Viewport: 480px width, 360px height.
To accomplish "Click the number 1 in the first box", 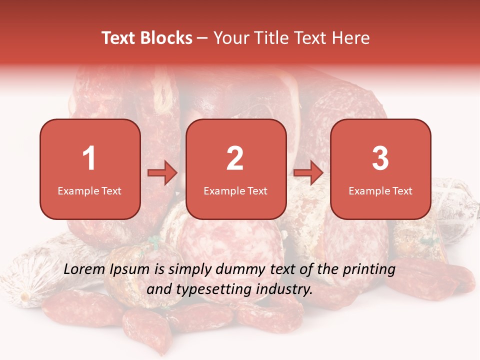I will coord(89,158).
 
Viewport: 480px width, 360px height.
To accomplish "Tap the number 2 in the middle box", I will coord(235,158).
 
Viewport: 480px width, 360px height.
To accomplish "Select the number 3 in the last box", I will coord(380,158).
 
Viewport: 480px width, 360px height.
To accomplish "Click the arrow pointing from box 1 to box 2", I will coord(162,173).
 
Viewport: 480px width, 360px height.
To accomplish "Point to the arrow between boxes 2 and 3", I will coord(308,173).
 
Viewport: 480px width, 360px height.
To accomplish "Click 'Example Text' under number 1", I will coord(89,190).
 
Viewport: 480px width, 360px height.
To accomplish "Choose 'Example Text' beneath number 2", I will coord(235,190).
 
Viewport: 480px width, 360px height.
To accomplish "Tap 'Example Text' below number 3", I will coord(380,190).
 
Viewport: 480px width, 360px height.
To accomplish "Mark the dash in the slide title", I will coord(203,38).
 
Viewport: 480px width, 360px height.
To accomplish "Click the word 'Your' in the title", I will coord(231,38).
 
